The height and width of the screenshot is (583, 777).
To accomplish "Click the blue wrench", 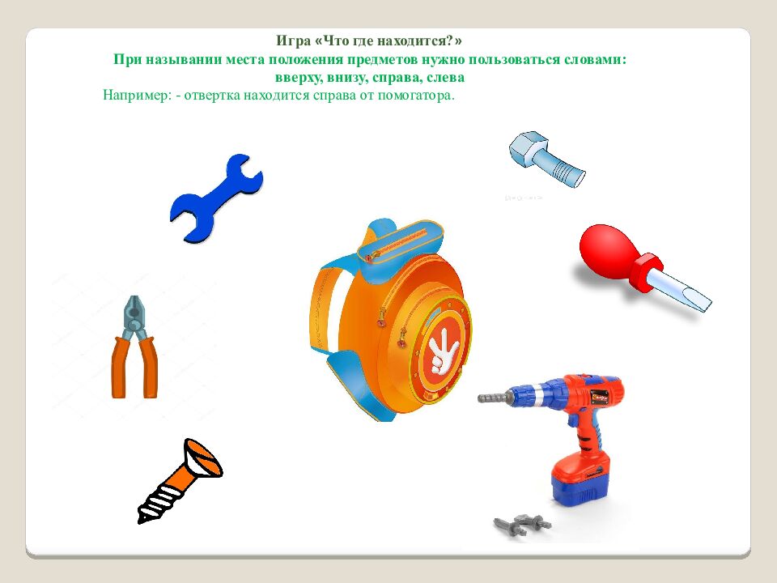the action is coord(217,198).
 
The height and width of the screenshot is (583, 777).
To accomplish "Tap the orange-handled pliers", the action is coord(134,347).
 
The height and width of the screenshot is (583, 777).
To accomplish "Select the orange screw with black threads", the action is coord(180,481).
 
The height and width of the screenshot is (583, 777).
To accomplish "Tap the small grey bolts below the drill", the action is coord(522,524).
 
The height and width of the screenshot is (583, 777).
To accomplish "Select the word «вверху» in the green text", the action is coord(298,78).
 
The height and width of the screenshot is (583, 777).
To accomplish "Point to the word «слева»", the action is coord(446,78).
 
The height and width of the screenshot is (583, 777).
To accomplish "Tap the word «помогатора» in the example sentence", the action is coord(416,96).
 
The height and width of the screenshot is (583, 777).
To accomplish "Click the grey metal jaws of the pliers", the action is coord(134,317).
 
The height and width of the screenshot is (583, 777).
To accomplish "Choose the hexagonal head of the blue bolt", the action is coord(529,146).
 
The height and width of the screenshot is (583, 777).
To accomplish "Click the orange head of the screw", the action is coord(202,457).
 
